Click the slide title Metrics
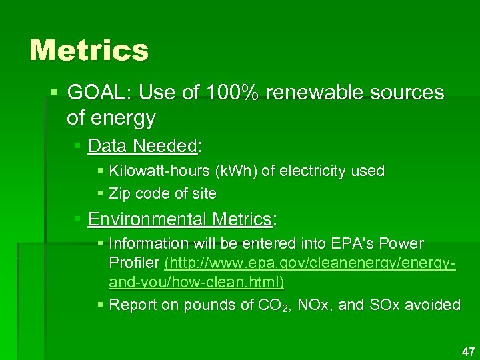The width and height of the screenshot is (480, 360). tap(89, 51)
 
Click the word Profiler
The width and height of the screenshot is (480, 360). tap(134, 263)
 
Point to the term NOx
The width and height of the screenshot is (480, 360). tap(311, 305)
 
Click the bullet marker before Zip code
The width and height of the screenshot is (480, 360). tap(101, 194)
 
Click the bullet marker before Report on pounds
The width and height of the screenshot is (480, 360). tap(101, 305)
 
